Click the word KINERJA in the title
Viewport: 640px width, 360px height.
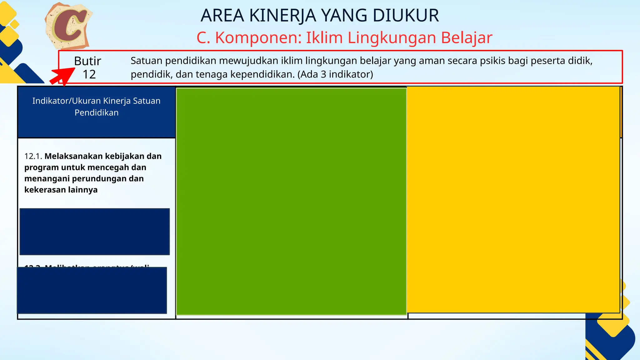click(283, 16)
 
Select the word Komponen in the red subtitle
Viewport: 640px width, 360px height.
click(258, 38)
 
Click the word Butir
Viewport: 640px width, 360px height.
click(87, 61)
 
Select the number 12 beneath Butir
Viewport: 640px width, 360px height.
click(89, 74)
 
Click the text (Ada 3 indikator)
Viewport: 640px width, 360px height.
click(335, 74)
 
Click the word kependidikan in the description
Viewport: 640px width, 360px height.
click(262, 74)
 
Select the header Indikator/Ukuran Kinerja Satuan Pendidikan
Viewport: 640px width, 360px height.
click(96, 107)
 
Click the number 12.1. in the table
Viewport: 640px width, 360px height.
click(33, 156)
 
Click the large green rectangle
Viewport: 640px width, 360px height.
click(291, 202)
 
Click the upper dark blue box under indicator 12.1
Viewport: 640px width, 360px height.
click(95, 232)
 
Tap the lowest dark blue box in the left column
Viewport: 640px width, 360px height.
click(92, 290)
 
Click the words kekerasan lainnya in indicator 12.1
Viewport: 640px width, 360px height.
click(61, 190)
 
